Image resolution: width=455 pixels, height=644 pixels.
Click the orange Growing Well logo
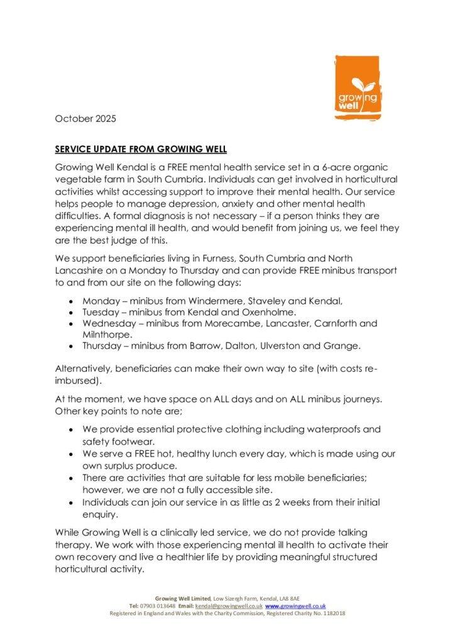tap(357, 87)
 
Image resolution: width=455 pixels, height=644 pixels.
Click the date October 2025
tap(85, 118)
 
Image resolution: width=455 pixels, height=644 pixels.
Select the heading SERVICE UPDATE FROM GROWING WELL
tap(141, 150)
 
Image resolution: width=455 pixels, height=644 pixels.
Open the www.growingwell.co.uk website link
tap(295, 606)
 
